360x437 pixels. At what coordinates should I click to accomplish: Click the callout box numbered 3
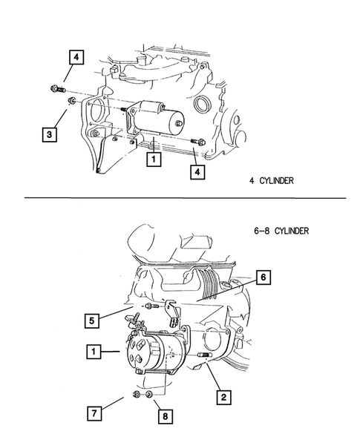[48, 134]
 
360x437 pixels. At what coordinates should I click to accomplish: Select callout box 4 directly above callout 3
[77, 56]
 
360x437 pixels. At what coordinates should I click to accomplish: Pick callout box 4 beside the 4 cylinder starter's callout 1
[197, 172]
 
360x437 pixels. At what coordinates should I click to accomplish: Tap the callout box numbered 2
[221, 397]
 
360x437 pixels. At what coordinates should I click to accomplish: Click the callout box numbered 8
[164, 415]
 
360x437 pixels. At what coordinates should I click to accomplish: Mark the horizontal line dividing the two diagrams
[186, 198]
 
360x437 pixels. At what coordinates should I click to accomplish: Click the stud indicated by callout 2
[205, 363]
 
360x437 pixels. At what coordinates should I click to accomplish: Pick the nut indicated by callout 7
[137, 394]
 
